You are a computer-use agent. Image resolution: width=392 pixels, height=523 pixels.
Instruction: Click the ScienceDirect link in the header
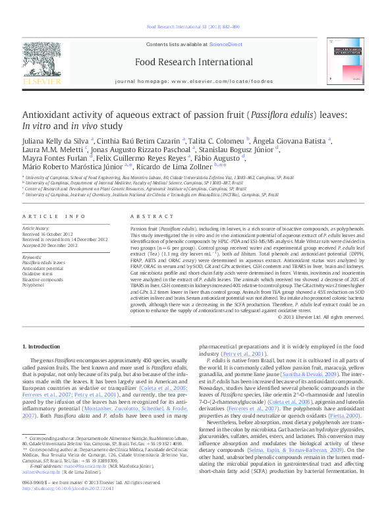coord(225,43)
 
